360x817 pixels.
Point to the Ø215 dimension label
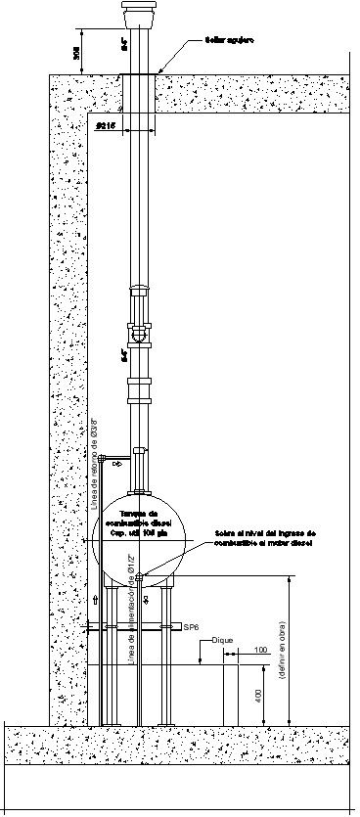tap(107, 126)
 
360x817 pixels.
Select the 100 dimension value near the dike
tap(259, 677)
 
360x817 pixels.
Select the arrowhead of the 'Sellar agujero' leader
tap(157, 71)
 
